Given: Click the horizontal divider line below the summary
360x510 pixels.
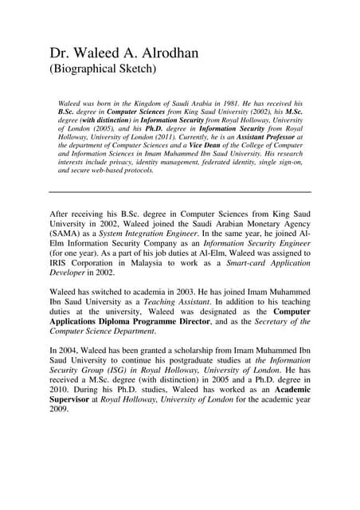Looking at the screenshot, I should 180,192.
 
